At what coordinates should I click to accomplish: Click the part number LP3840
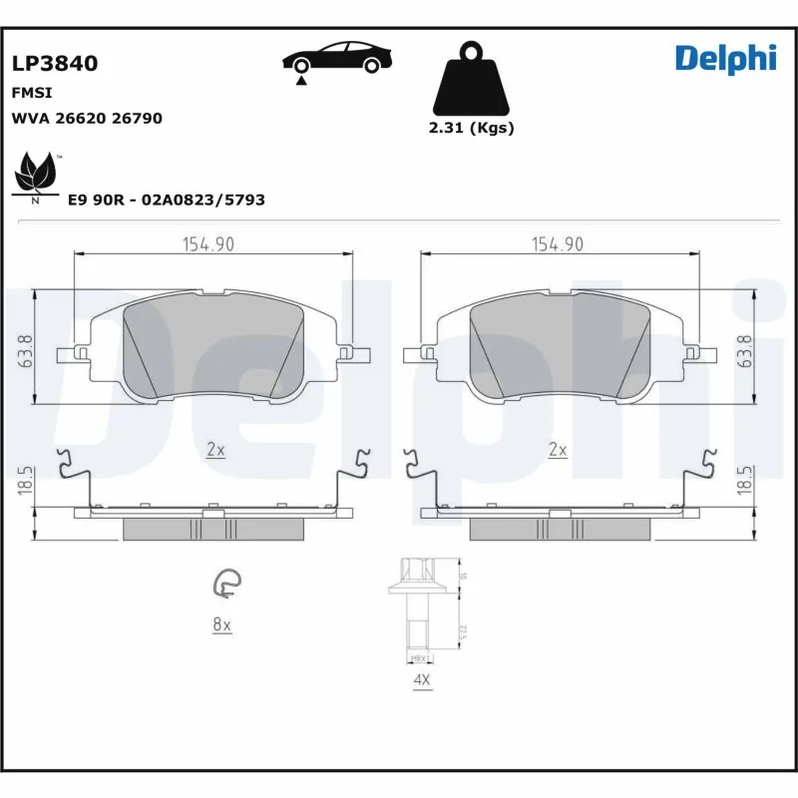click(x=55, y=64)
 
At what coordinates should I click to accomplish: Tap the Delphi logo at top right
click(x=725, y=59)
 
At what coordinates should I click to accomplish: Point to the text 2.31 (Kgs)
click(x=471, y=128)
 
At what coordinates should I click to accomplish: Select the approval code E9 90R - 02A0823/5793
click(x=166, y=199)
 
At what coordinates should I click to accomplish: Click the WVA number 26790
click(x=137, y=118)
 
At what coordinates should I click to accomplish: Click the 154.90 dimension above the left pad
click(x=207, y=244)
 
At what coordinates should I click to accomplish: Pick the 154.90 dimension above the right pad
click(x=558, y=244)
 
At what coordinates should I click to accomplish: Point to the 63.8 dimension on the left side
click(x=26, y=350)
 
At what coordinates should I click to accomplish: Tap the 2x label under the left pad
click(x=215, y=450)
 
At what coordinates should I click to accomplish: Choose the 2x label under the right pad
click(x=558, y=450)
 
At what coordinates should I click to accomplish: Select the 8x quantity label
click(x=221, y=624)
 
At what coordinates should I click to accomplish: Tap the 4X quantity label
click(x=422, y=680)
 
